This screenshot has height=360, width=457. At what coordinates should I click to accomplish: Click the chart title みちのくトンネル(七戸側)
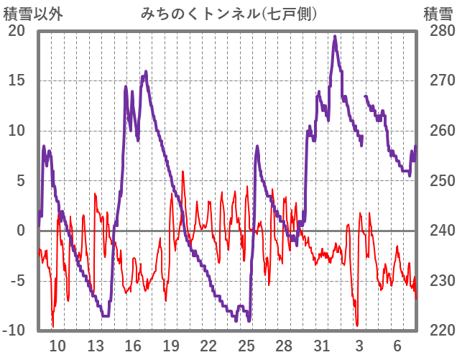tap(229, 13)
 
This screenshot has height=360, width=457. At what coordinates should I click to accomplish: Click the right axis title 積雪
tap(437, 13)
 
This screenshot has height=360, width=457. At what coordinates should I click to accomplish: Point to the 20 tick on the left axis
tap(17, 31)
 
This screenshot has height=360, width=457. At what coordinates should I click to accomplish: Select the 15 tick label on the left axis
tap(17, 80)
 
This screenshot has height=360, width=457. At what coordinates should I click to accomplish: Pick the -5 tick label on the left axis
tap(17, 280)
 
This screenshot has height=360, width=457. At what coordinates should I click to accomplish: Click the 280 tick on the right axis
tap(438, 31)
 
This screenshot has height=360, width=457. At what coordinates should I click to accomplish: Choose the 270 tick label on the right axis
tap(438, 80)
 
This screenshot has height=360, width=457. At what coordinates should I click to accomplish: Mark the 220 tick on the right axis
tap(438, 331)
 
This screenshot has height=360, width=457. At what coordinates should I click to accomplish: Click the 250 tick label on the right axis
tap(438, 180)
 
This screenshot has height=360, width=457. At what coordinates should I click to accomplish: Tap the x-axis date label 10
tap(57, 345)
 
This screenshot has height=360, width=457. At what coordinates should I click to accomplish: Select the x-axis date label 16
tap(133, 345)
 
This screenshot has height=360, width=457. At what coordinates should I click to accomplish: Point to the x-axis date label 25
tap(246, 345)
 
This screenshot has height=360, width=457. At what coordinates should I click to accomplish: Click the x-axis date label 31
tap(322, 345)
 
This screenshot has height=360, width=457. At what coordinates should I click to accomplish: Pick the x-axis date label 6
tap(397, 345)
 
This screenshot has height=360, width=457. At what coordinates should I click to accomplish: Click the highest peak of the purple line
tap(335, 37)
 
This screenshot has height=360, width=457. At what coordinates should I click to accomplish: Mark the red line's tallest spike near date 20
tap(183, 172)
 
